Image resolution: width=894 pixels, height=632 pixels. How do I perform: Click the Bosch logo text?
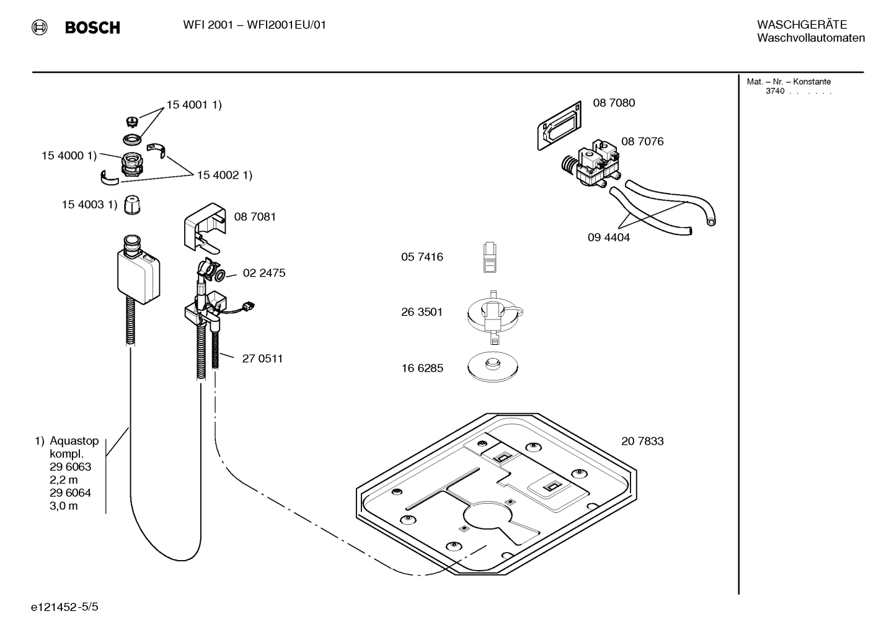click(92, 28)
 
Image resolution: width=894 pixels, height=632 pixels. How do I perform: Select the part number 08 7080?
click(613, 103)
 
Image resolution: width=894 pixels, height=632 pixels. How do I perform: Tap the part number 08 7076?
click(642, 141)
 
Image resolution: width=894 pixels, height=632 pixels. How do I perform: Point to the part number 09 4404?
click(608, 238)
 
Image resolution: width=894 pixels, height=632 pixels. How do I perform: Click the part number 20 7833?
click(642, 441)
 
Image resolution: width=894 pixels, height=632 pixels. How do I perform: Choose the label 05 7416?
click(422, 257)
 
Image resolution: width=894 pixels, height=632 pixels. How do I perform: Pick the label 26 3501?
click(422, 312)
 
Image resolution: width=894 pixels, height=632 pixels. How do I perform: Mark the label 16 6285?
click(422, 368)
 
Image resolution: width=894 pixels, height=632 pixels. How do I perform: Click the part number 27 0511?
click(262, 358)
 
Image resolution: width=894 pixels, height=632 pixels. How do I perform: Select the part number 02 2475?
click(263, 273)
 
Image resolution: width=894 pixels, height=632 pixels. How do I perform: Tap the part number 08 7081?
click(255, 216)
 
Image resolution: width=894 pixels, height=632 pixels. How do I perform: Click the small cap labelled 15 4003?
click(130, 205)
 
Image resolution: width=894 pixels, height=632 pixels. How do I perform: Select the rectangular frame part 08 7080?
click(559, 126)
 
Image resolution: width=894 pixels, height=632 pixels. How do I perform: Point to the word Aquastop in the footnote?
click(74, 441)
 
